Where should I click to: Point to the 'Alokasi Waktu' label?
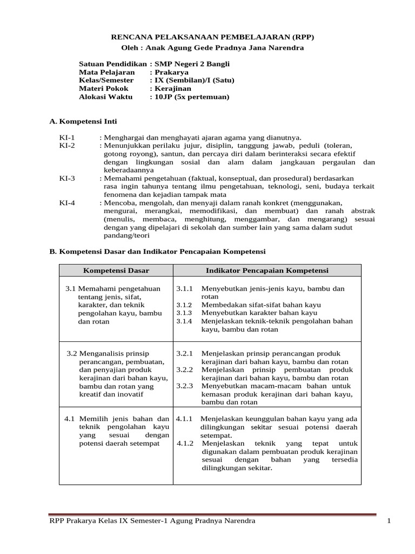click(x=105, y=97)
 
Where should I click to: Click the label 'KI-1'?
click(x=68, y=138)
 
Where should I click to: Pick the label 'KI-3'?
click(x=68, y=178)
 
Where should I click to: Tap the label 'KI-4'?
click(x=68, y=202)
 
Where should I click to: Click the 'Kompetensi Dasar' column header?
click(x=116, y=271)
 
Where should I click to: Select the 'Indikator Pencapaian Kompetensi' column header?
click(x=267, y=271)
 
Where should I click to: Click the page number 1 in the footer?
click(x=389, y=520)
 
